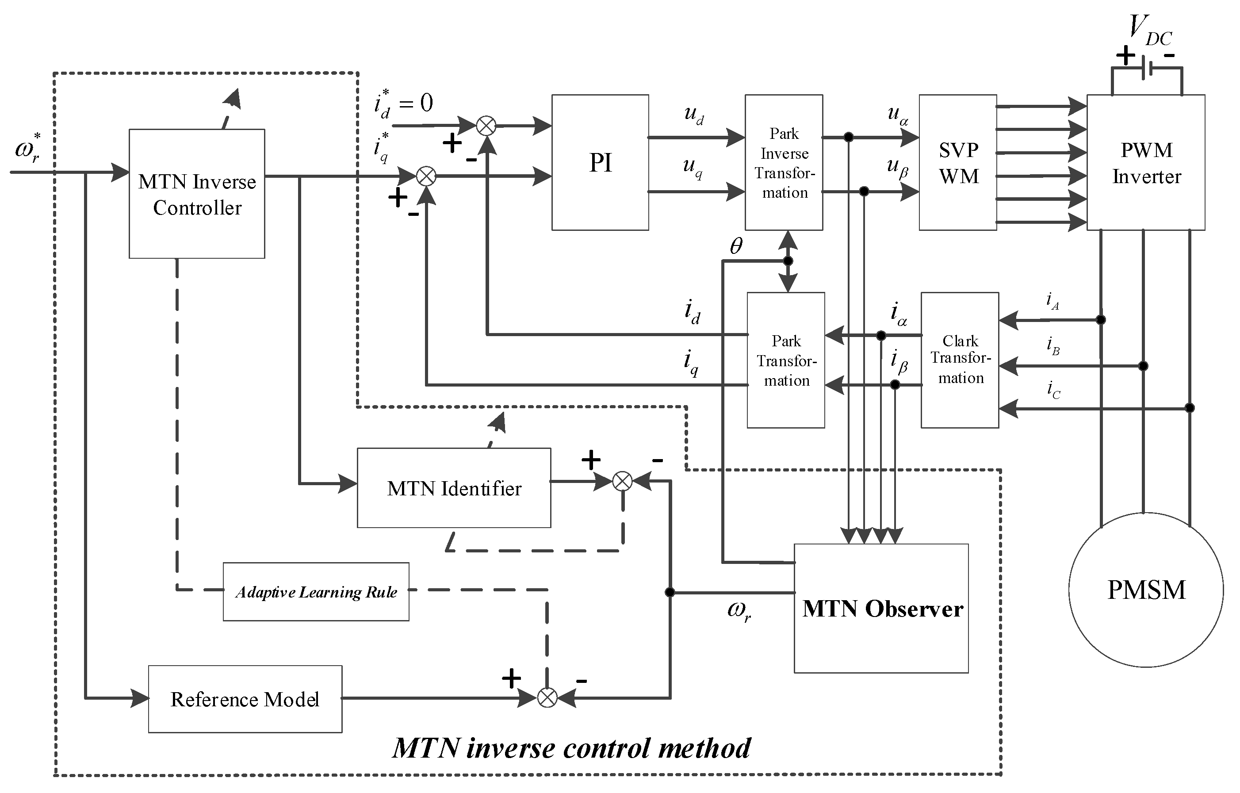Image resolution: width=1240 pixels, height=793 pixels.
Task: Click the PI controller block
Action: pos(600,162)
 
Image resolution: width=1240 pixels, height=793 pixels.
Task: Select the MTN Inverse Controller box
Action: pos(197,194)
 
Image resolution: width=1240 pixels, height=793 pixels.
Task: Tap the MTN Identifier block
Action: pos(454,488)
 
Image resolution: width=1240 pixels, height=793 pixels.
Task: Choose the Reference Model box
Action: pos(245,699)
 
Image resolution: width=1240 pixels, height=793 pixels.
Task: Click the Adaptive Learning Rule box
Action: pos(316,592)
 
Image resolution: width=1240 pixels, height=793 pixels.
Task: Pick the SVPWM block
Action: pos(958,162)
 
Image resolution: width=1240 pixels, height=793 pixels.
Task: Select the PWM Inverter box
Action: pos(1146,162)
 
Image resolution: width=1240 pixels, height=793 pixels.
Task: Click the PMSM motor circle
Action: pos(1146,590)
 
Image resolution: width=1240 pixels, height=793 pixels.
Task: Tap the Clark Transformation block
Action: pos(960,360)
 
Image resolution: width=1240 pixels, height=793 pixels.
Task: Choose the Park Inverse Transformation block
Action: pos(784,162)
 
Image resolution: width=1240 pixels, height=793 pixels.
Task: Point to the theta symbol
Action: pos(736,247)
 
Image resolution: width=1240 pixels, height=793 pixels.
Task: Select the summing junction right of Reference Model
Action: pos(547,698)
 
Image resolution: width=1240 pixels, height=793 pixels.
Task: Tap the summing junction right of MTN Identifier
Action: pos(622,482)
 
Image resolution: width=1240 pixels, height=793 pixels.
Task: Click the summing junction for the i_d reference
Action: pos(486,126)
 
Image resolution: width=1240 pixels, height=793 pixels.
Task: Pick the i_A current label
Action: pos(1052,301)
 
